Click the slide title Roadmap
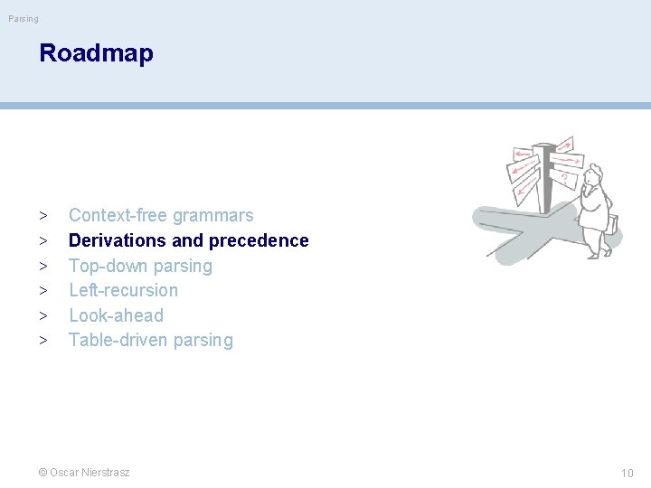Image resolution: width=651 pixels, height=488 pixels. [x=96, y=53]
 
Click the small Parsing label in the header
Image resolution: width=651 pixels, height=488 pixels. [x=24, y=18]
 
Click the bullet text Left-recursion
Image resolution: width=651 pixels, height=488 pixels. [x=124, y=290]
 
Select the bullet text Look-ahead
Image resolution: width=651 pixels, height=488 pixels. [x=116, y=315]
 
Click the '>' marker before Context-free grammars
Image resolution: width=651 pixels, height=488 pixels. [x=43, y=216]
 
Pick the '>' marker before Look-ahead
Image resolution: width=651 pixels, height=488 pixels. [x=43, y=316]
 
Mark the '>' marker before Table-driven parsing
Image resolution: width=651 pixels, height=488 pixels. [x=43, y=341]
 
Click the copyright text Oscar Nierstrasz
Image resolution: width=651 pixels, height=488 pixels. [x=90, y=472]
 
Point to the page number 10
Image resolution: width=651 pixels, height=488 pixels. [x=627, y=473]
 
